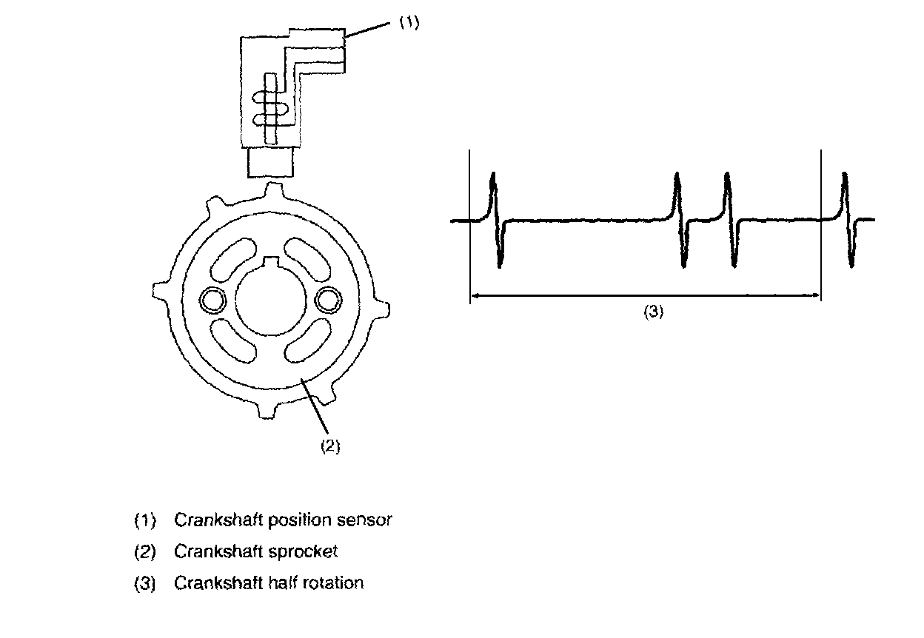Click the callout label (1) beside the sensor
pos(409,23)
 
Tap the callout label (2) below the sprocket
pos(329,446)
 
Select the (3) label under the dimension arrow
pos(652,312)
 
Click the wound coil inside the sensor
pos(270,108)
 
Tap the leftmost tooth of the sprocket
pos(159,289)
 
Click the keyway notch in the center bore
pos(271,260)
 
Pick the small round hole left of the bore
pos(215,299)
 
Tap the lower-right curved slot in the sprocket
pos(306,342)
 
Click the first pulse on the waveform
pos(496,220)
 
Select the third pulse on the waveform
pos(731,220)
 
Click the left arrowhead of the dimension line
pos(474,296)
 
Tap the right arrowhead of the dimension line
pos(817,296)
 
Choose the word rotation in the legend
pos(334,582)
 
